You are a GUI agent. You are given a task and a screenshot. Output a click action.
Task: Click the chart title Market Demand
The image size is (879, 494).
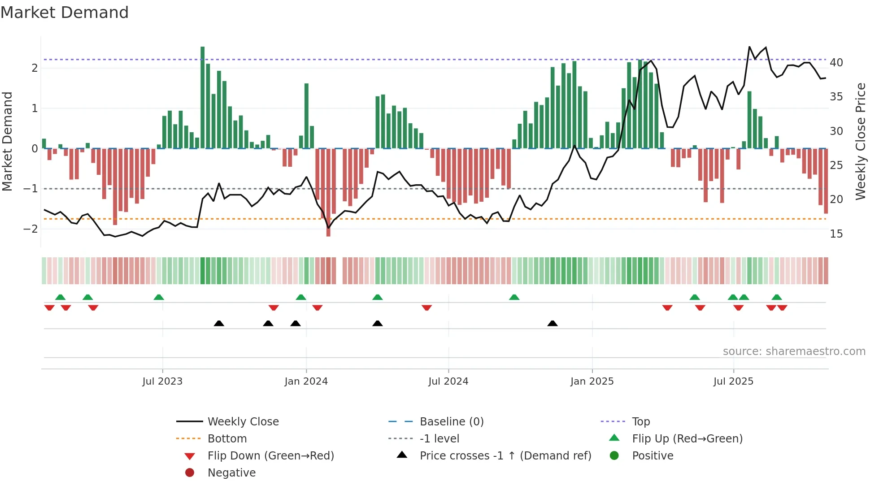[x=65, y=13]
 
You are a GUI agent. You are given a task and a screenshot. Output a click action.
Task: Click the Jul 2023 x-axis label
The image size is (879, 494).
[x=162, y=381]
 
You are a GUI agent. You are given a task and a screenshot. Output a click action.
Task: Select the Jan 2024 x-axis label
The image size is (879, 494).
[x=306, y=381]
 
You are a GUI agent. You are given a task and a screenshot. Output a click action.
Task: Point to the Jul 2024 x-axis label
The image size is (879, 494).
[x=448, y=381]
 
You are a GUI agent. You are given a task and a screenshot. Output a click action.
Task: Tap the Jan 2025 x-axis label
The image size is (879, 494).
[x=592, y=381]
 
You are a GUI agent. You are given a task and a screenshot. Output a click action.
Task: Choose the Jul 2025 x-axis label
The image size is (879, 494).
[x=733, y=381]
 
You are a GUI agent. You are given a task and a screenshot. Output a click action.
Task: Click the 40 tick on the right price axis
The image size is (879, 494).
[x=836, y=63]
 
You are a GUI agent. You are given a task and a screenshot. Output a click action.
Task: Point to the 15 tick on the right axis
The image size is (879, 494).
[x=836, y=234]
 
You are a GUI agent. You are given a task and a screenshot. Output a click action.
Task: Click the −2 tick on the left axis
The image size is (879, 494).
[x=30, y=229]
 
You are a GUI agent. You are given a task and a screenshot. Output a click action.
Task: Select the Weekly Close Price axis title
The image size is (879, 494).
[x=860, y=141]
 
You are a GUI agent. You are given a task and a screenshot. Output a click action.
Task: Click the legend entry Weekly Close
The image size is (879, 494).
[x=243, y=422]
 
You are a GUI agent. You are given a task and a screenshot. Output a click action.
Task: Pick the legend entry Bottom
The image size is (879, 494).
[x=227, y=439]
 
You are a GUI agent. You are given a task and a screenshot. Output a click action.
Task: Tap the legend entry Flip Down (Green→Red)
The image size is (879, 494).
[x=270, y=456]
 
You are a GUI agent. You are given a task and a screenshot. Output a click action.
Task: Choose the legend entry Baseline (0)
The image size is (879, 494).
[x=451, y=422]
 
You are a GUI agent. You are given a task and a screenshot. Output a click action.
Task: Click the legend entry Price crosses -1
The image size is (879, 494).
[x=505, y=456]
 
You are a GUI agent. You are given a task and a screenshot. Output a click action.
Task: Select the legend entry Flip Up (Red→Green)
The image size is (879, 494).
[x=687, y=439]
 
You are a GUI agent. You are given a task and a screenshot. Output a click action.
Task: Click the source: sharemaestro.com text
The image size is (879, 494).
[x=794, y=351]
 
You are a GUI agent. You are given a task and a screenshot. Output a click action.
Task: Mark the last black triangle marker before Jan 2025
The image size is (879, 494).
[x=553, y=323]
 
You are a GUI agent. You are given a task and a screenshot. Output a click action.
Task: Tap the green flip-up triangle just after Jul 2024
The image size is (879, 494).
[x=514, y=297]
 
